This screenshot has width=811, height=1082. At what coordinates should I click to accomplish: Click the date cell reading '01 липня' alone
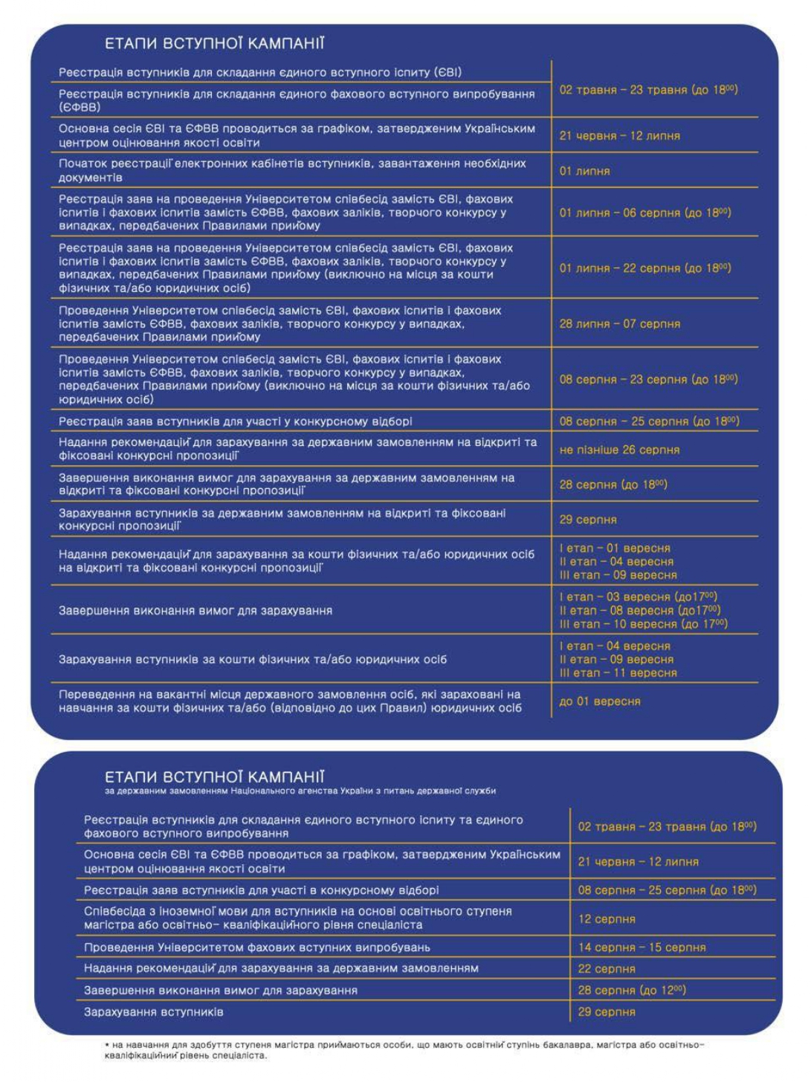tap(584, 171)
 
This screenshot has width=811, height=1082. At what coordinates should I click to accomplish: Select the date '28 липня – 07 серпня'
tap(619, 324)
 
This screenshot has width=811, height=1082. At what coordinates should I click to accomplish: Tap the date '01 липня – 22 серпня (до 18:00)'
tap(644, 268)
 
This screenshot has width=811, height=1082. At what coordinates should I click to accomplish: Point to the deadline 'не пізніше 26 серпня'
tap(619, 450)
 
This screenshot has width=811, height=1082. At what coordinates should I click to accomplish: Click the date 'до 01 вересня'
tap(599, 702)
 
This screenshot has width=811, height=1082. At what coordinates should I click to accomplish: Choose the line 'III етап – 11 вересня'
tap(618, 673)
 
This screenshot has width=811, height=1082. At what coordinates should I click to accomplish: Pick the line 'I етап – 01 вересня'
tap(615, 548)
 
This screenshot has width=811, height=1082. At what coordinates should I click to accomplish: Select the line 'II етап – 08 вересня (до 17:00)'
tap(639, 611)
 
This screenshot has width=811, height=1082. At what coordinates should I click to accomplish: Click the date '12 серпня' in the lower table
tap(607, 919)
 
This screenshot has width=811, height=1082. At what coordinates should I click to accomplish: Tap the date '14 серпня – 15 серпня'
tap(642, 947)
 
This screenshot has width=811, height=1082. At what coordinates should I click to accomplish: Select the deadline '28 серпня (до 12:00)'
tap(632, 991)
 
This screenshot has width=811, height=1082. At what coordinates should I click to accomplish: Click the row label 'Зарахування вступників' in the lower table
tap(153, 1012)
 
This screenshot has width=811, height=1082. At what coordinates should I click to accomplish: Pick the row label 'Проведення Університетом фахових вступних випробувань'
tap(256, 947)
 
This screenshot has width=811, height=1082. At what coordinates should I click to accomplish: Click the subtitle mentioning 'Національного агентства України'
tap(300, 791)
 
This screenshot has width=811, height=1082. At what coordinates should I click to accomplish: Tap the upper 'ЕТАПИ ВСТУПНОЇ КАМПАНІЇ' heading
tap(214, 44)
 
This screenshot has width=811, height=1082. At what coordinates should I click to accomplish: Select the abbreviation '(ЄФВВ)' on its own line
tap(80, 108)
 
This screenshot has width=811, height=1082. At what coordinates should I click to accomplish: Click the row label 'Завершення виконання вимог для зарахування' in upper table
tap(196, 611)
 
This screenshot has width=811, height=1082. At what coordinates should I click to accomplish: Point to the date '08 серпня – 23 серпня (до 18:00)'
tap(648, 380)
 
